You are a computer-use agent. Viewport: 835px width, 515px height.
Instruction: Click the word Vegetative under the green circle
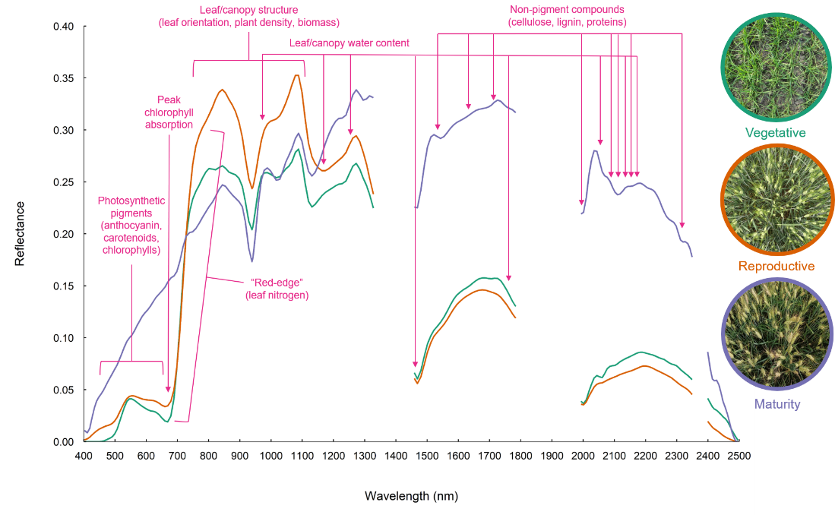pos(775,133)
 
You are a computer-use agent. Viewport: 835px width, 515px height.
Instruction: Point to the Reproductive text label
pos(776,266)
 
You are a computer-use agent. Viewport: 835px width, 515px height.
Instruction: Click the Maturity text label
pos(777,404)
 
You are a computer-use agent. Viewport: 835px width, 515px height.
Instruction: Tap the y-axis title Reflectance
pos(20,233)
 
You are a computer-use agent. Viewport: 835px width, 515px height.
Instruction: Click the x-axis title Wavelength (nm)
pos(411,496)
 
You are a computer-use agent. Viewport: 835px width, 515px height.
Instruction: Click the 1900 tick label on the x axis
pos(552,456)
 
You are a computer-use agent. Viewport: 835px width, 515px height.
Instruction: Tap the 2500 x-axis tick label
pos(739,456)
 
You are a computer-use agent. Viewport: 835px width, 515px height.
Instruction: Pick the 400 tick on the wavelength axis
pos(84,456)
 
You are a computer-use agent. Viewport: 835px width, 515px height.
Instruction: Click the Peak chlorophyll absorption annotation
pos(169,112)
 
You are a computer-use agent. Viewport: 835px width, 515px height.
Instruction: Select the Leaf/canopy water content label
pos(349,43)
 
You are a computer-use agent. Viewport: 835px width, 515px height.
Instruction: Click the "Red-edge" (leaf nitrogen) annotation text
pos(277,289)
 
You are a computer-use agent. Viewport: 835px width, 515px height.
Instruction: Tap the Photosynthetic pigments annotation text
pos(131,225)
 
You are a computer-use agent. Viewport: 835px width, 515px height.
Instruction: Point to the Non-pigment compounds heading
pos(567,16)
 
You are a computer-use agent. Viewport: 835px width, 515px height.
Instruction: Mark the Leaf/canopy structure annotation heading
pos(248,16)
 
